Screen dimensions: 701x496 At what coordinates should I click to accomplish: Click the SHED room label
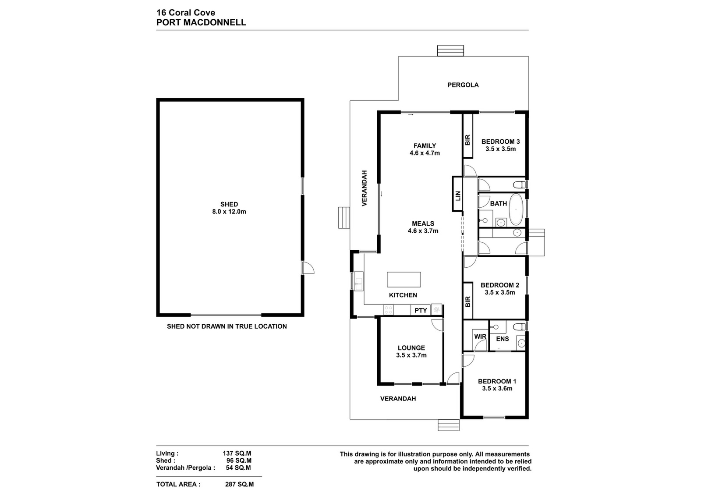[x=229, y=204]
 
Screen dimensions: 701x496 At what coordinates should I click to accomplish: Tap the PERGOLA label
[x=463, y=85]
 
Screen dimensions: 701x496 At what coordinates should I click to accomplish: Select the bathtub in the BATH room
[x=516, y=210]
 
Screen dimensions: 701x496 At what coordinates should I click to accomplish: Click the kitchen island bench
[x=404, y=280]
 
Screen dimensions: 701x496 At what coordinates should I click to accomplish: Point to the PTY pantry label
[x=421, y=310]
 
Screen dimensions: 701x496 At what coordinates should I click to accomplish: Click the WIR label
[x=480, y=337]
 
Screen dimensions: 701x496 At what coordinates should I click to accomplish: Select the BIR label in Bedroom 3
[x=467, y=140]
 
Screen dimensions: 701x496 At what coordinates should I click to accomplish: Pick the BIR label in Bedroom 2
[x=467, y=301]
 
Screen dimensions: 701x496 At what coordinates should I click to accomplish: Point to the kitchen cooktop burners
[x=388, y=310]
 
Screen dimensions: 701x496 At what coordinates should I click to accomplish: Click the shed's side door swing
[x=308, y=268]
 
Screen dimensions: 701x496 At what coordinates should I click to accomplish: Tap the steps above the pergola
[x=450, y=51]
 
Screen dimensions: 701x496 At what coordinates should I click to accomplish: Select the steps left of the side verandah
[x=344, y=217]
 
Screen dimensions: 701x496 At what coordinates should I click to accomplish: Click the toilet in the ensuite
[x=520, y=327]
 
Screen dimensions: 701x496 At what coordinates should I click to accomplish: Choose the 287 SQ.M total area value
[x=239, y=485]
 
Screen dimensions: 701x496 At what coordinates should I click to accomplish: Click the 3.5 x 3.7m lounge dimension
[x=411, y=355]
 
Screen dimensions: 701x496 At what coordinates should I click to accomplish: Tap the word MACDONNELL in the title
[x=215, y=22]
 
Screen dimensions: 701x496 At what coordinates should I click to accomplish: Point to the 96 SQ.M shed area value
[x=239, y=461]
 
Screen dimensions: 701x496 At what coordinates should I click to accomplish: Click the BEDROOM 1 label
[x=497, y=382]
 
